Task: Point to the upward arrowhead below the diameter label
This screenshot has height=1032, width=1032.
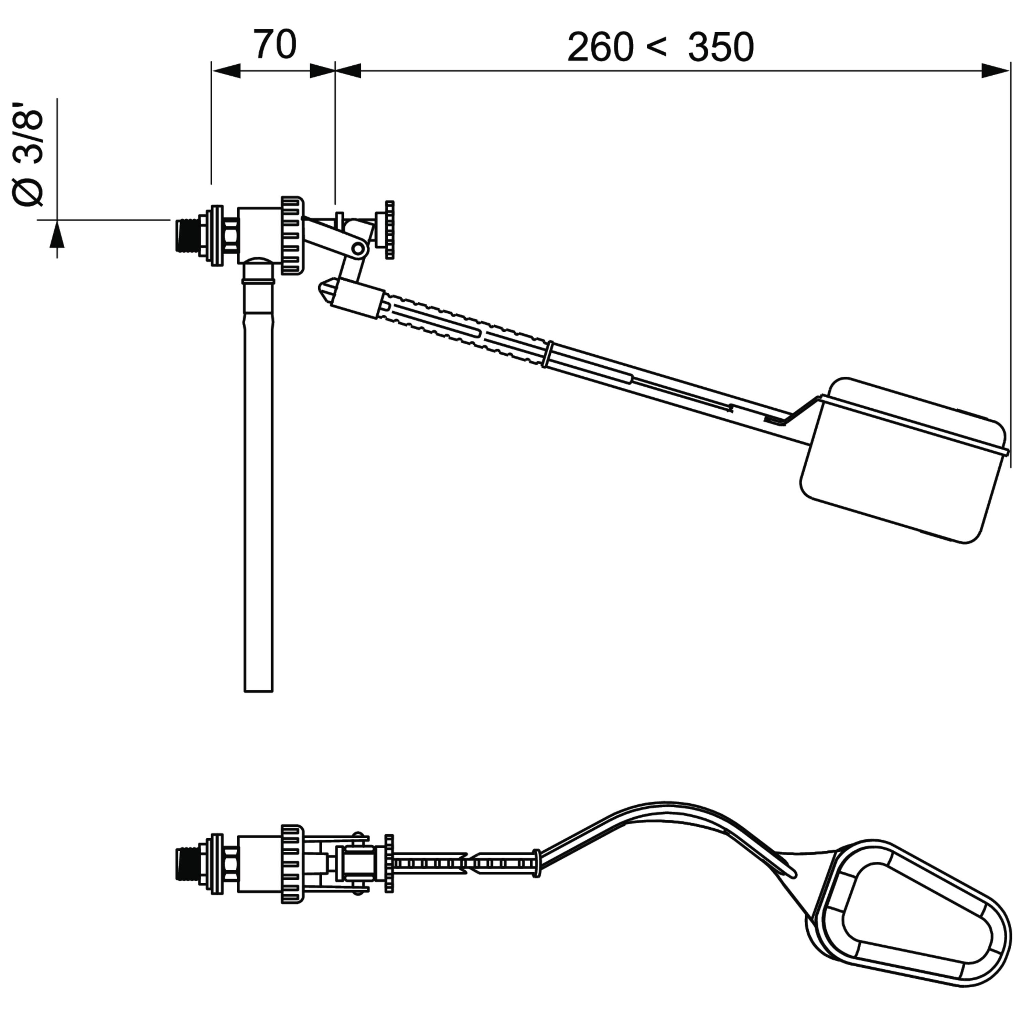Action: click(57, 235)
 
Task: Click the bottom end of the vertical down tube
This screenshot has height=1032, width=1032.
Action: click(259, 691)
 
